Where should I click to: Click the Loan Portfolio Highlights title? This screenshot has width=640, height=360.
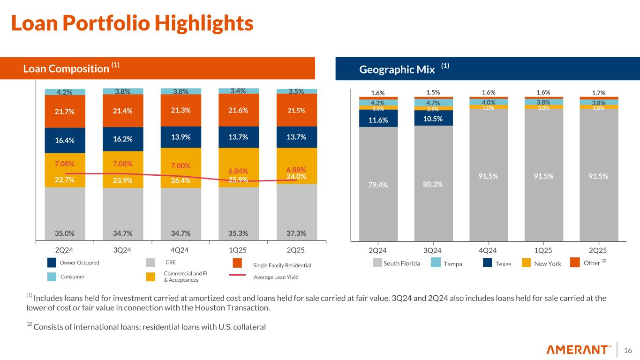132,23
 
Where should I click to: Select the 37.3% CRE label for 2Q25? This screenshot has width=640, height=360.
296,232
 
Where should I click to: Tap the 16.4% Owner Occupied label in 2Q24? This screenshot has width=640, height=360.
65,140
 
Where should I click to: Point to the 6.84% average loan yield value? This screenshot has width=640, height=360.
238,171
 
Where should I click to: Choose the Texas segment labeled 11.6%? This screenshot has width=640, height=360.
378,120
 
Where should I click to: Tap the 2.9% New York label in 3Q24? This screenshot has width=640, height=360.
433,109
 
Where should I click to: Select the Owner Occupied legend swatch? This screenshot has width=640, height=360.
53,262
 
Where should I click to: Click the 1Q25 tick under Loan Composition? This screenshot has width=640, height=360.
238,250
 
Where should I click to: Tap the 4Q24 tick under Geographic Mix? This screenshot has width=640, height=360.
488,250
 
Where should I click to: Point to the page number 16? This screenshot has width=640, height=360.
628,350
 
